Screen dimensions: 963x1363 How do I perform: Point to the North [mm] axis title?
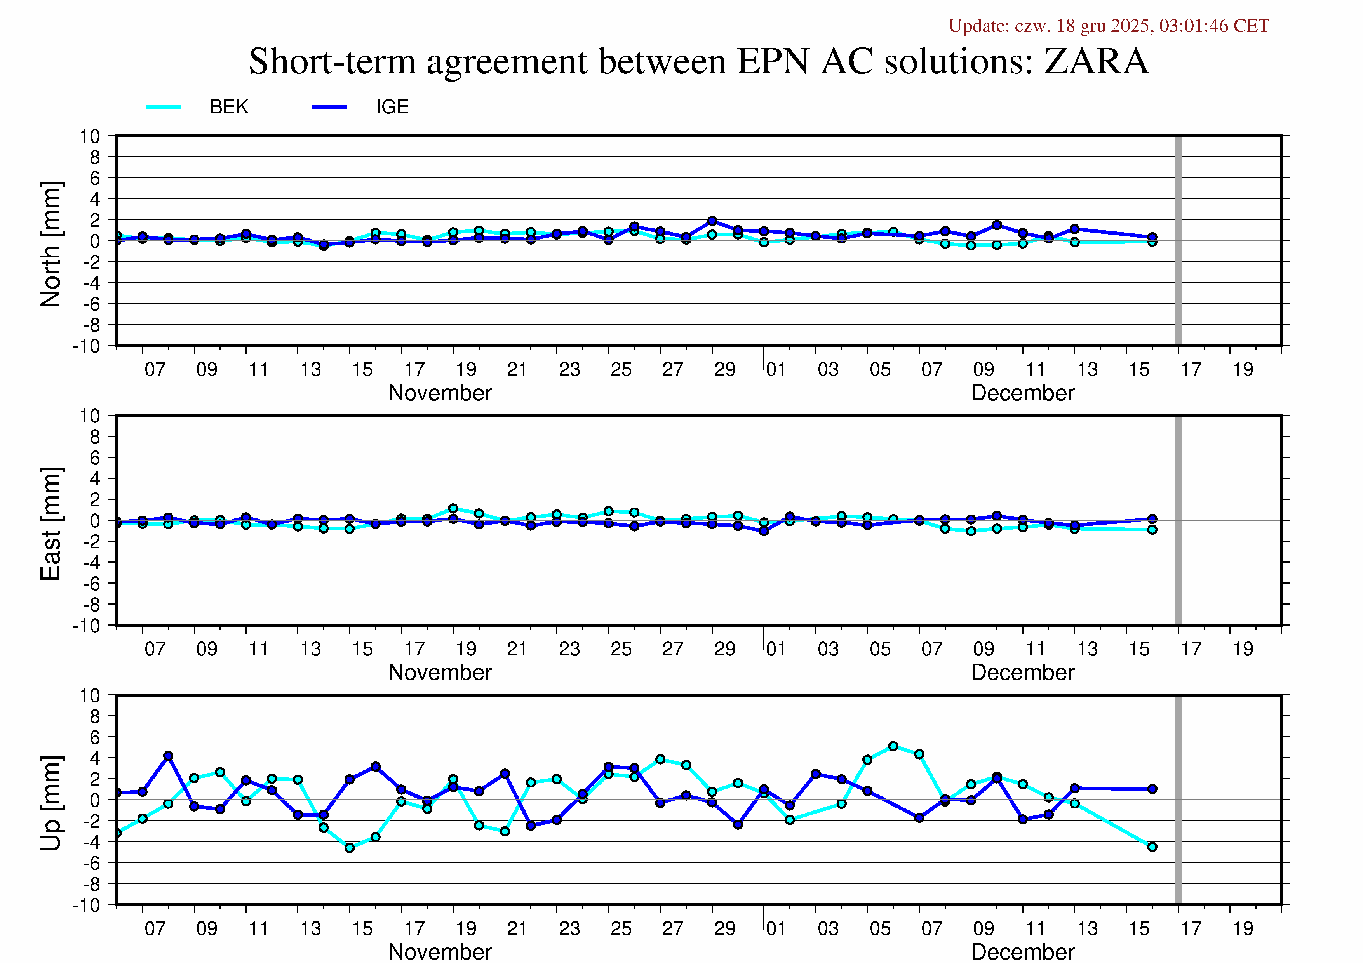[x=51, y=245]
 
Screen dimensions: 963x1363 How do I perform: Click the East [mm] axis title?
[x=51, y=523]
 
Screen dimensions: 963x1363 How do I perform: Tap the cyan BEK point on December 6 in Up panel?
[x=893, y=746]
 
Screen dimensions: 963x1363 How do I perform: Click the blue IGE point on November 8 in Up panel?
[x=168, y=756]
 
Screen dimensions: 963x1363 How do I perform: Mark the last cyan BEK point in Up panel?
[x=1152, y=847]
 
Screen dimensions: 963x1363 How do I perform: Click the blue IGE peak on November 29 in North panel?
[x=712, y=221]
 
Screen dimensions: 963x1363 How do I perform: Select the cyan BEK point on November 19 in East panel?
[x=454, y=509]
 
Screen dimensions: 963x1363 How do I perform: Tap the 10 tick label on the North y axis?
[x=90, y=136]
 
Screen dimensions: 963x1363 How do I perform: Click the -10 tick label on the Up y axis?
[x=87, y=906]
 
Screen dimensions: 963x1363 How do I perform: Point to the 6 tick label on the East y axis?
[x=95, y=457]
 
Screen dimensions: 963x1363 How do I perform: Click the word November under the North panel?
[x=440, y=393]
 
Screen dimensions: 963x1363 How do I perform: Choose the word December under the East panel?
[x=1022, y=672]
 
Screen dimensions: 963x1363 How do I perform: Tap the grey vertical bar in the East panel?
[x=1178, y=520]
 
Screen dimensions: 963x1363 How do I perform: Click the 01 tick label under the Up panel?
[x=776, y=928]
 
